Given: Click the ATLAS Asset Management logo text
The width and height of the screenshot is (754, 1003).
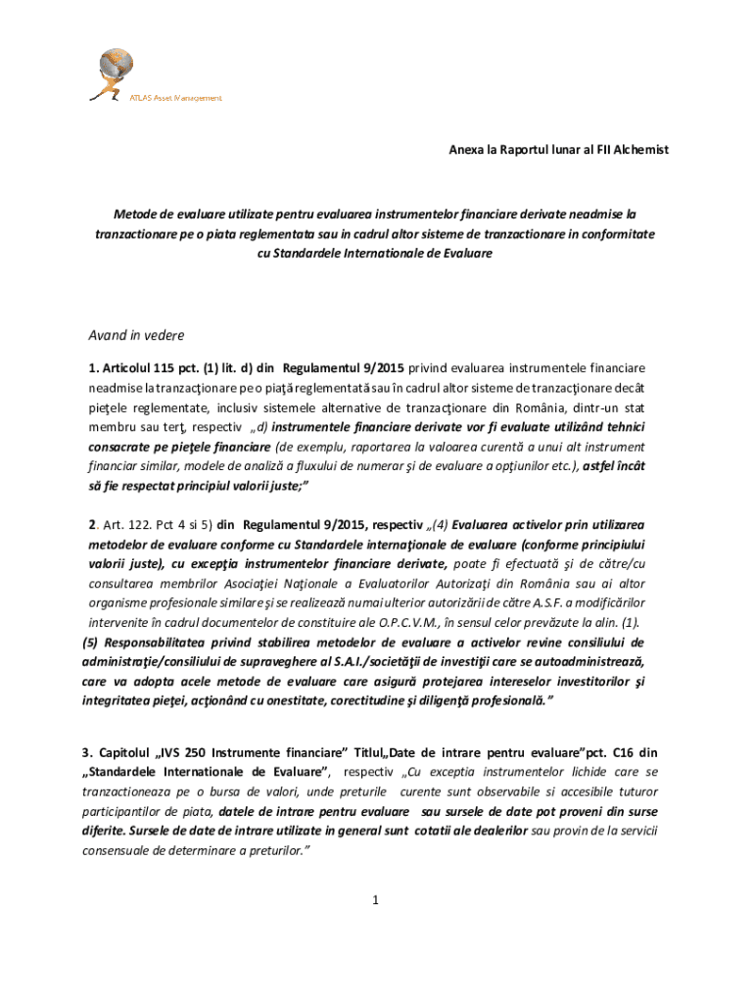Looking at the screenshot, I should pos(176,98).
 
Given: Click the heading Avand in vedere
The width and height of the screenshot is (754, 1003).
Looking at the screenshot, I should pos(136,335).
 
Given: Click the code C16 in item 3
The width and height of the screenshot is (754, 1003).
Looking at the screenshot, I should pos(623,753).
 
